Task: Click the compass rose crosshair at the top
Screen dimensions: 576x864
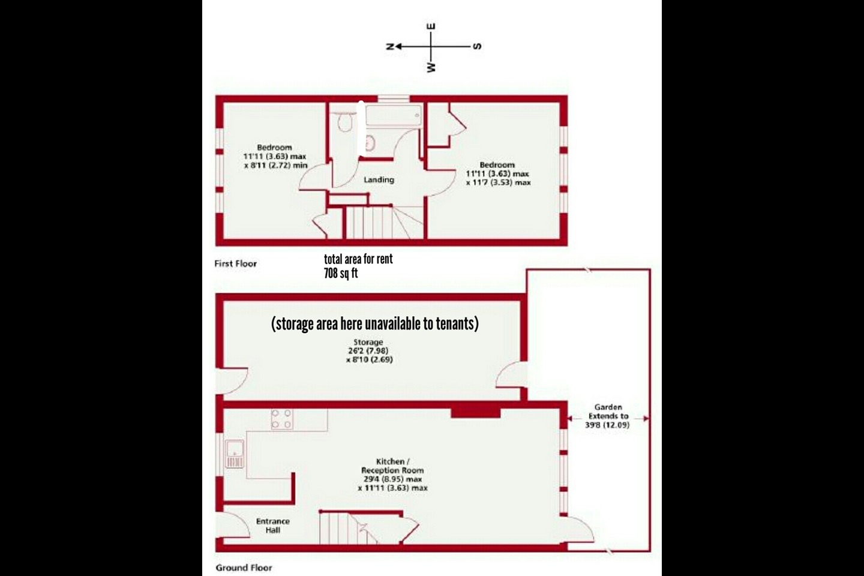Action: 431,46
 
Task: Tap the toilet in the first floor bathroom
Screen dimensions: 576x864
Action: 344,124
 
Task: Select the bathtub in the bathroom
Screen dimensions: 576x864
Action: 393,115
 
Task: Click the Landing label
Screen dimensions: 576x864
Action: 379,179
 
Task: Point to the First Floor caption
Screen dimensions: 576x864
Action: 235,263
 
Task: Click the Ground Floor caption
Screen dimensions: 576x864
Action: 244,568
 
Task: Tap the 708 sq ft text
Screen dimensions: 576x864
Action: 341,274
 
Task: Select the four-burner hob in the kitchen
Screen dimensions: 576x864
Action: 282,419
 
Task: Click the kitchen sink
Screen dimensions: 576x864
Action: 234,453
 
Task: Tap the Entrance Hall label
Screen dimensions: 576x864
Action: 273,526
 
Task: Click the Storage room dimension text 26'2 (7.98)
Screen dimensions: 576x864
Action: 368,351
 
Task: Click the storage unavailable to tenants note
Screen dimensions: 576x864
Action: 375,324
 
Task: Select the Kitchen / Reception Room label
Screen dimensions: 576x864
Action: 392,466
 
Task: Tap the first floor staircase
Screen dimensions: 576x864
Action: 372,222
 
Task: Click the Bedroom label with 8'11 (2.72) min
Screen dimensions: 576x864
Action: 275,156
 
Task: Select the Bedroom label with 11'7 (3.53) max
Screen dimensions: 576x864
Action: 497,173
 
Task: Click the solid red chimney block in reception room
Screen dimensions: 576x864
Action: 475,411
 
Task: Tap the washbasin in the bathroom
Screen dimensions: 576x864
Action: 370,143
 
